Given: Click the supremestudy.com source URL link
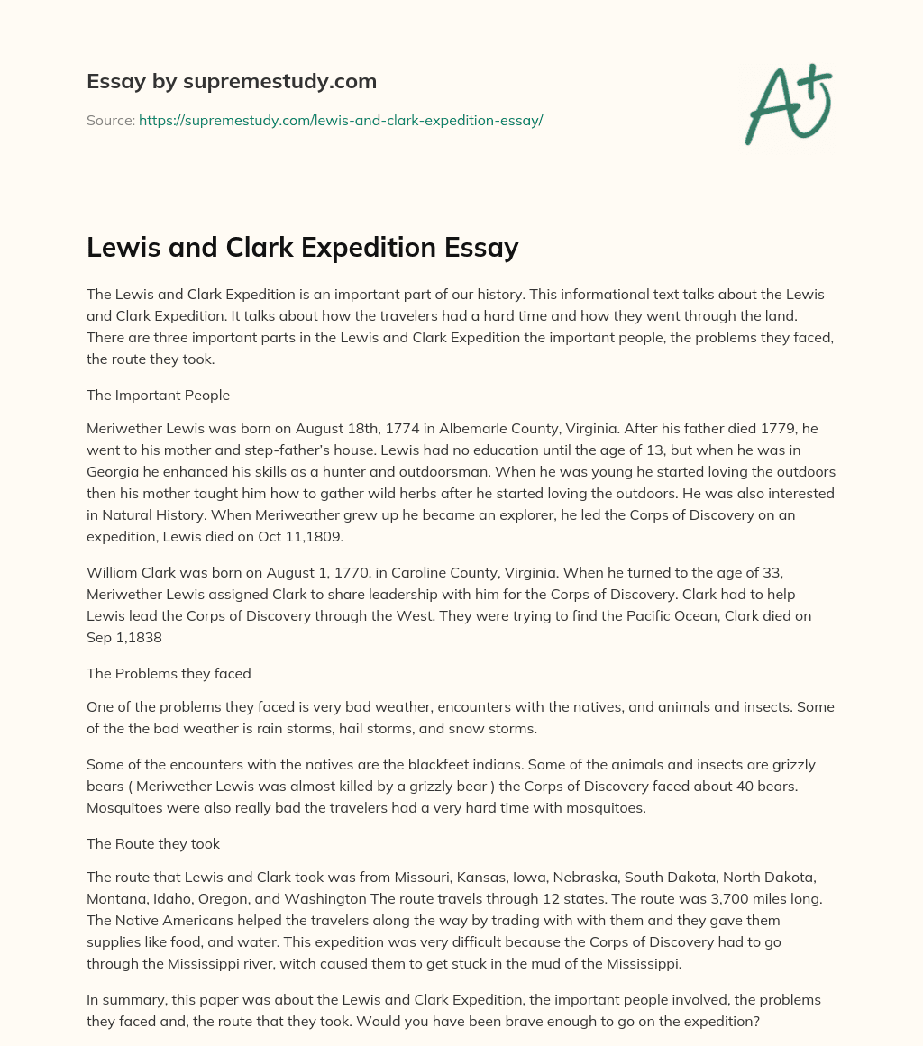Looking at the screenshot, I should pos(340,120).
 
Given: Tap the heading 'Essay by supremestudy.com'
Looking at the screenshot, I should pos(232,82).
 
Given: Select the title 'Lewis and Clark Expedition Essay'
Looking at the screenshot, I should pos(302,248).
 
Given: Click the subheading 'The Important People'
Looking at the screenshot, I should pos(158,395).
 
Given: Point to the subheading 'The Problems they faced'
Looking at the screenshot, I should pos(169,673).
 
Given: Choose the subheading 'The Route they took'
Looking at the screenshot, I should pos(153,844).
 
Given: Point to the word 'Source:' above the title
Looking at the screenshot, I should pos(110,120).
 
